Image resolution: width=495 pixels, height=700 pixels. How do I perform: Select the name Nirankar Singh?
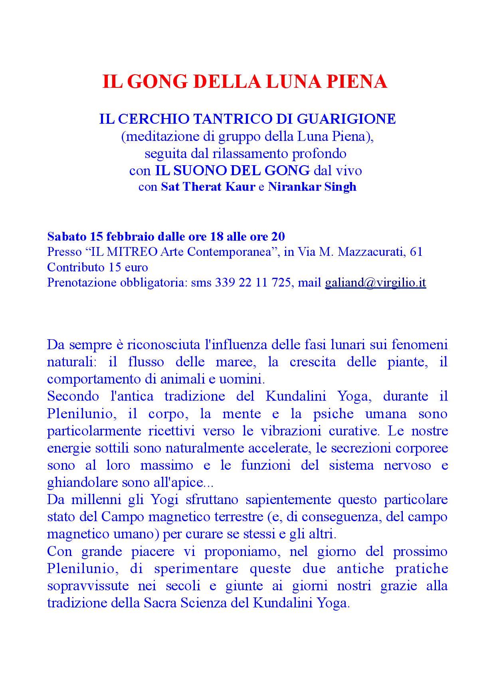tap(312, 187)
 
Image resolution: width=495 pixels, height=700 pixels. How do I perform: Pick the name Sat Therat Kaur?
tap(208, 187)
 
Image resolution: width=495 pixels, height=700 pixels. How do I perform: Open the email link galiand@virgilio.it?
tap(375, 283)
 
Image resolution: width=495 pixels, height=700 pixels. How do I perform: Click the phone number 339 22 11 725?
tap(253, 283)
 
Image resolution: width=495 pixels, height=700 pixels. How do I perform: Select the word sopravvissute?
tap(88, 586)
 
